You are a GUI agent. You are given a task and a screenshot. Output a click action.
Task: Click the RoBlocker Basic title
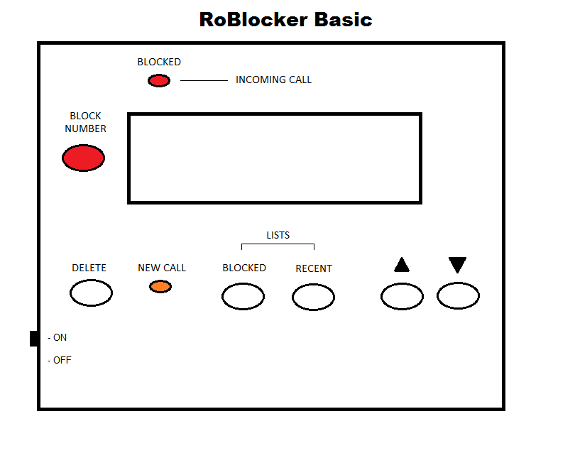point(285,19)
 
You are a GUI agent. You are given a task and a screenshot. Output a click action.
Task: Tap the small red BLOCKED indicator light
point(158,81)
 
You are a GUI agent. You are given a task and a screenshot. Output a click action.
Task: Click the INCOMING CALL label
point(273,80)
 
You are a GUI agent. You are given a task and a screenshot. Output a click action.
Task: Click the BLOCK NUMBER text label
point(85,122)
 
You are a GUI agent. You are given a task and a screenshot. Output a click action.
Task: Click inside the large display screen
point(275,158)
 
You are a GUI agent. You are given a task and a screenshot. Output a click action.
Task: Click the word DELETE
point(89,268)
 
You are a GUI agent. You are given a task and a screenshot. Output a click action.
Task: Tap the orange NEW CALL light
point(160,286)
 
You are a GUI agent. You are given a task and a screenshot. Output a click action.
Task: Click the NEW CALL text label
point(162,268)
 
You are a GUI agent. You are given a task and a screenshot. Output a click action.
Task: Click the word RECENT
point(314,268)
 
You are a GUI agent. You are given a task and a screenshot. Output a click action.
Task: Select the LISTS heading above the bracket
point(278,235)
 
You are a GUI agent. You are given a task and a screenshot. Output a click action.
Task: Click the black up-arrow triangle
point(402,266)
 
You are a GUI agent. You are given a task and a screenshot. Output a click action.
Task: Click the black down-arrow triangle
point(457,265)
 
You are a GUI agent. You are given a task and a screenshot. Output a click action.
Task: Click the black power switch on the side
point(34,339)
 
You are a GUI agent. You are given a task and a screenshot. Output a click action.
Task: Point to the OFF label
point(62,360)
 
